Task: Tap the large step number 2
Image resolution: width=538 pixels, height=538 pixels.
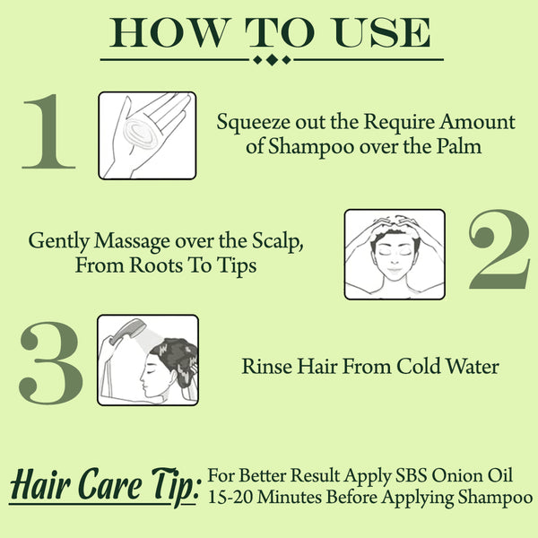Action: point(498,254)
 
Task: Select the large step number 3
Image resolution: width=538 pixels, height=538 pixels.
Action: point(49,360)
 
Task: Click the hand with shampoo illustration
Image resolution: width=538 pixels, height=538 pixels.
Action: point(147,134)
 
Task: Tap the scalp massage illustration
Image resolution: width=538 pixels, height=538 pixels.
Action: point(395,254)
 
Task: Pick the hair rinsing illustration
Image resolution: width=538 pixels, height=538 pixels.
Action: point(147,360)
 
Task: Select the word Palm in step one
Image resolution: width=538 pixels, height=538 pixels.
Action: point(461,147)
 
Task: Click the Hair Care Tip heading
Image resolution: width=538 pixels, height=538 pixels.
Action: point(103,485)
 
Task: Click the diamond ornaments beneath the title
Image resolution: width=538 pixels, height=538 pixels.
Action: point(272,60)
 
